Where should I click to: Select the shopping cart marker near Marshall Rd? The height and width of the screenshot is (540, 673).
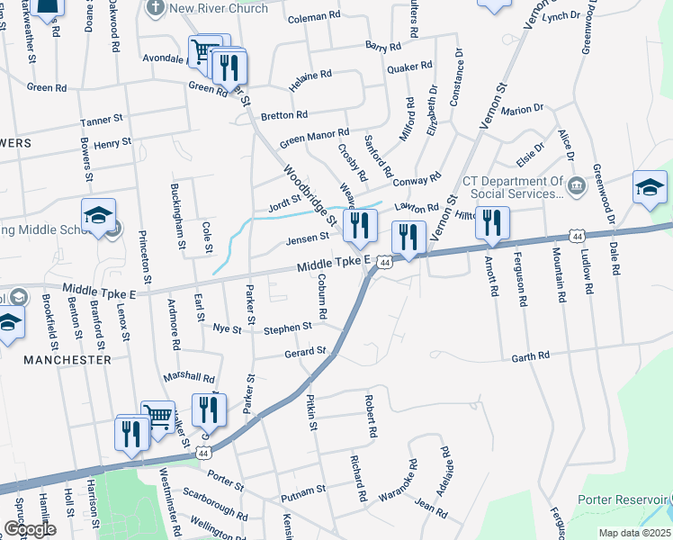pyautogui.click(x=158, y=417)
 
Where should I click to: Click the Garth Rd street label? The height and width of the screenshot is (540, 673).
pyautogui.click(x=530, y=357)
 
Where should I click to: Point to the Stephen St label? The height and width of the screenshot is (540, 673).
pyautogui.click(x=288, y=329)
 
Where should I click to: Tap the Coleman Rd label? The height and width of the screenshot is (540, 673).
pyautogui.click(x=314, y=17)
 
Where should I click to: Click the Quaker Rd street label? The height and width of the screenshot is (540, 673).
pyautogui.click(x=409, y=67)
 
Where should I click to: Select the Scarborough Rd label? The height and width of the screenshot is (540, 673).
pyautogui.click(x=214, y=505)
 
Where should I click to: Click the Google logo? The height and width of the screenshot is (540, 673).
pyautogui.click(x=29, y=529)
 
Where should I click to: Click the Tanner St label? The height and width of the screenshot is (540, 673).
pyautogui.click(x=101, y=120)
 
